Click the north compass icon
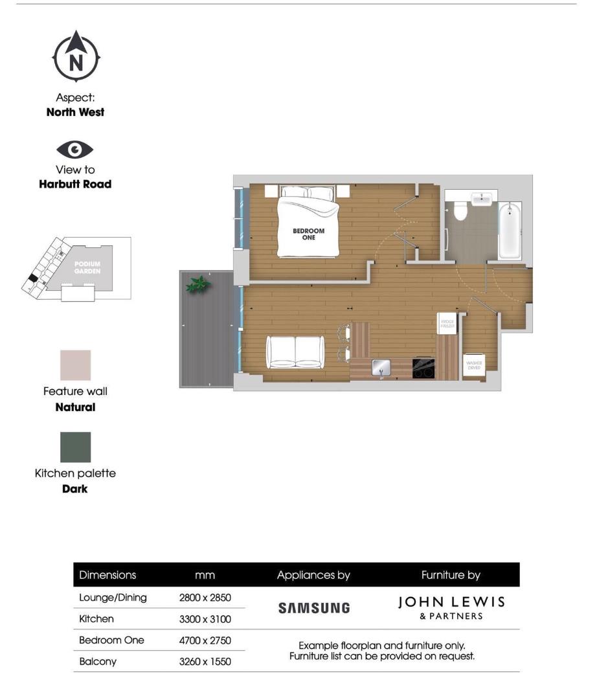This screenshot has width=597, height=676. click(76, 58)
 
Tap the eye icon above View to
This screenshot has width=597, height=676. click(75, 150)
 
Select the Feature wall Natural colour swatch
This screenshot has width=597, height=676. click(75, 366)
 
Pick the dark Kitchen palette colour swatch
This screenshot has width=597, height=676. click(75, 447)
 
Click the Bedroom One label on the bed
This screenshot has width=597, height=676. click(308, 234)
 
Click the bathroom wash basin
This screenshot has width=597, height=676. click(482, 199)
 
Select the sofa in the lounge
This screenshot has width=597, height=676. click(295, 352)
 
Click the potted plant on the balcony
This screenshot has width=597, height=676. click(197, 284)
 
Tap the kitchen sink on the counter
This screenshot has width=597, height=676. click(380, 368)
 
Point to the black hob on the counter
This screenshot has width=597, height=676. click(423, 368)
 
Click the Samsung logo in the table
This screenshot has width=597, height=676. click(313, 608)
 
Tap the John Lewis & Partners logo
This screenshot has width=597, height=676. click(451, 608)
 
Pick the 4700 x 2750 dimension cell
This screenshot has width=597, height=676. click(205, 640)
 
